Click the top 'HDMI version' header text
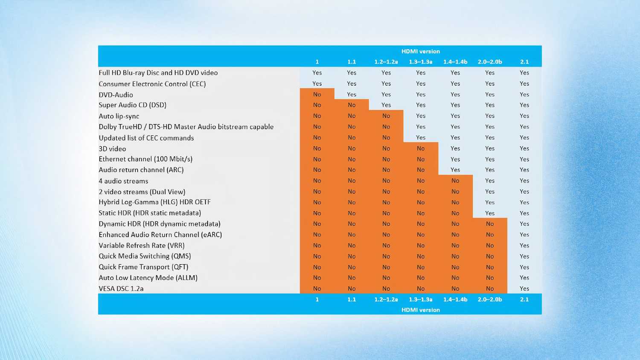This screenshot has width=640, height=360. pos(420,51)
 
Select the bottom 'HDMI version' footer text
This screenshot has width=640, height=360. pos(420,310)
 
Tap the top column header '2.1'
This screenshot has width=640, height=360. pos(524,62)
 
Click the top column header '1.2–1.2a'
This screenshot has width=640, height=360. pos(386,62)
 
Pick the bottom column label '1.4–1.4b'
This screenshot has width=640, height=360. pos(455,299)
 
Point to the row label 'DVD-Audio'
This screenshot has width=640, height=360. pos(116,95)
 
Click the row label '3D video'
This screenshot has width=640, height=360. pos(112,149)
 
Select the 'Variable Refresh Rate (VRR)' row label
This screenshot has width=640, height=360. pos(142,246)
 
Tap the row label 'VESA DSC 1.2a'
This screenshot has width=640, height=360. pos(121,289)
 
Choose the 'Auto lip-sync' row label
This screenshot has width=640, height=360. pos(119,116)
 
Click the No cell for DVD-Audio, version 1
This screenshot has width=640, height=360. pos(317,94)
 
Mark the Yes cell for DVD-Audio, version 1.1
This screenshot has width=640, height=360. pos(352,94)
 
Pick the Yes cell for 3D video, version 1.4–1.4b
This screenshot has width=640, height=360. pos(455,148)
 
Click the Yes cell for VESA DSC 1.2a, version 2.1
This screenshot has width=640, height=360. pos(524,289)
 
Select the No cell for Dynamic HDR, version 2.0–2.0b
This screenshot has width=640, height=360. pos(490,224)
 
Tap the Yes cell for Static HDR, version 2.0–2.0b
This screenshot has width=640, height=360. pos(490,213)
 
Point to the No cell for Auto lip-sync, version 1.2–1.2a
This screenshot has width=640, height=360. pos(386,116)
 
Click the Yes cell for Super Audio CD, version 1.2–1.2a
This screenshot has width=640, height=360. pos(386,105)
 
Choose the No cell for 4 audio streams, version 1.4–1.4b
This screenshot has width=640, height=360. pos(455,181)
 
